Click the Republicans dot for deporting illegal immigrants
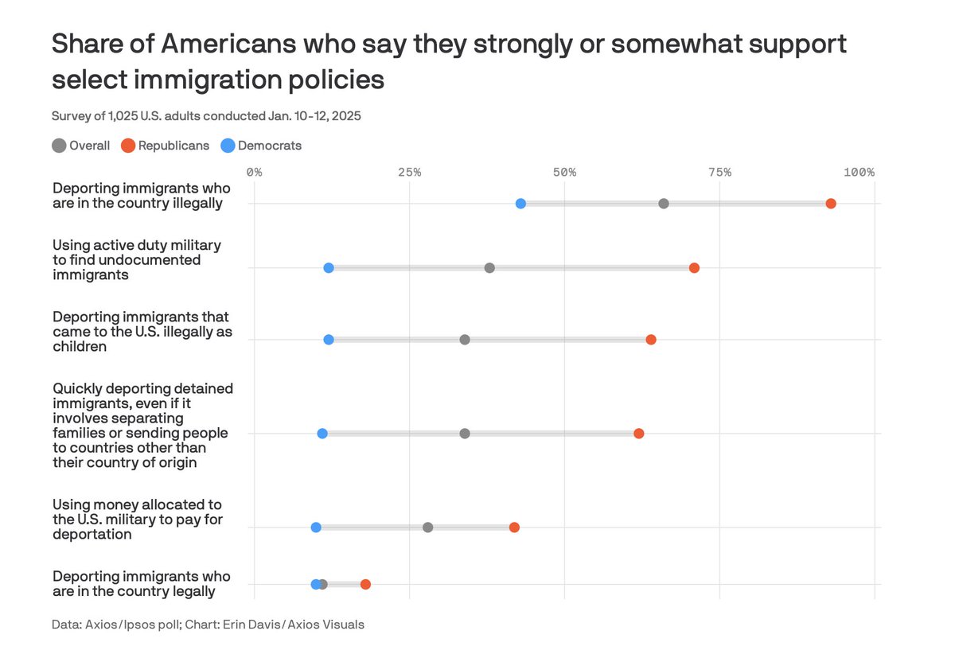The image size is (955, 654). coord(831,204)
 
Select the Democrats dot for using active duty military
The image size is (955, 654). coord(329,268)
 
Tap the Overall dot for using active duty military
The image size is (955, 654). coord(489,268)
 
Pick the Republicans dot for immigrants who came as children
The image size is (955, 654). coord(651,340)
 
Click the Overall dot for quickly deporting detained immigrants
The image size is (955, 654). coord(465,434)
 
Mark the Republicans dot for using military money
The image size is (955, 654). coord(514,527)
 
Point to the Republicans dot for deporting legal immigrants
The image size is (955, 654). coord(365,585)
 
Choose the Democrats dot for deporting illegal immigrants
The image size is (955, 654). coord(520,204)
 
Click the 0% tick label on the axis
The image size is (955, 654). coord(255,172)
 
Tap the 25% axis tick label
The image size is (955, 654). coord(409,172)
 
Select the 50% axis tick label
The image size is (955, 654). coord(564,172)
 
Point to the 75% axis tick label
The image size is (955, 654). coord(719,172)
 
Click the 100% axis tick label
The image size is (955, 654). coord(859,172)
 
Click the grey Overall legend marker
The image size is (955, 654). coord(59,146)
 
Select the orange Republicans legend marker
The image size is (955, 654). coord(127,146)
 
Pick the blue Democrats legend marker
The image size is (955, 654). coord(228,146)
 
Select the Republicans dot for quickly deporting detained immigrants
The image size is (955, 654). coord(639,434)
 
